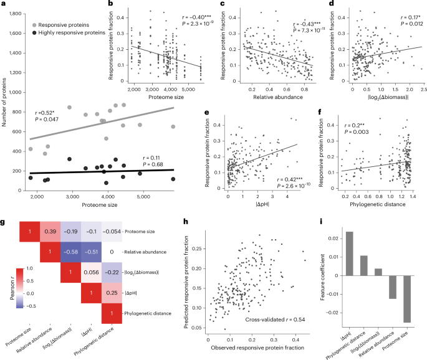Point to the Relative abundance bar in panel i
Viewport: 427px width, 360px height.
coord(392,287)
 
